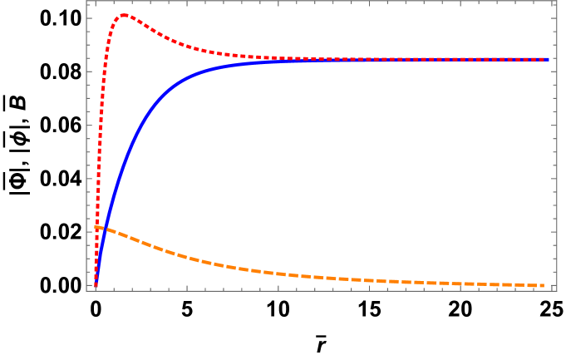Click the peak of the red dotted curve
[x=125, y=14]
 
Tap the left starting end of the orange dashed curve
[x=96, y=226]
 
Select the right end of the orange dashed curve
[x=544, y=285]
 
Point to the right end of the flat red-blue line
[x=549, y=59]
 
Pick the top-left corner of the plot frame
[x=86, y=2]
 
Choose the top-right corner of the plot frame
[x=556, y=2]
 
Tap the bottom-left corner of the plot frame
[x=86, y=289]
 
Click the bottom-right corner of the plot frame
[x=556, y=289]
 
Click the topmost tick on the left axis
[x=89, y=18]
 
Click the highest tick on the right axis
[x=554, y=18]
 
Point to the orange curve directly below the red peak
[x=125, y=236]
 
